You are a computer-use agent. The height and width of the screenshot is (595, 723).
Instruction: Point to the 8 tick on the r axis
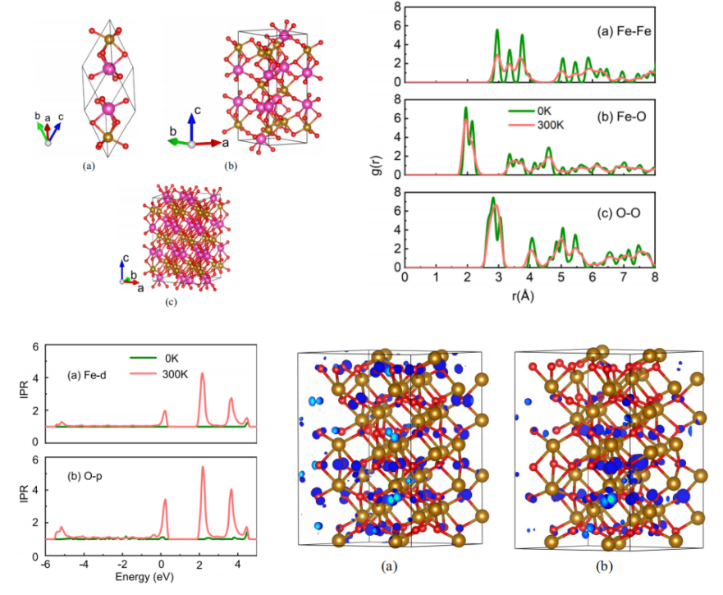(654, 279)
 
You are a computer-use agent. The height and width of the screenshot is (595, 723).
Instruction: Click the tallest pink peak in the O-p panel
(202, 468)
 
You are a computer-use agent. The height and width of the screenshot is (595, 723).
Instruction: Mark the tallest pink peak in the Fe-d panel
(202, 374)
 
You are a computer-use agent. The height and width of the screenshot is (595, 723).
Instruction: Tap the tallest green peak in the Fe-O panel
(465, 108)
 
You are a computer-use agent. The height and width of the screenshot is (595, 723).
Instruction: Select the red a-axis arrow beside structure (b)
(210, 143)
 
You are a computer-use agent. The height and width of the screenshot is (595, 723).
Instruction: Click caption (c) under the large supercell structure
(171, 302)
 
